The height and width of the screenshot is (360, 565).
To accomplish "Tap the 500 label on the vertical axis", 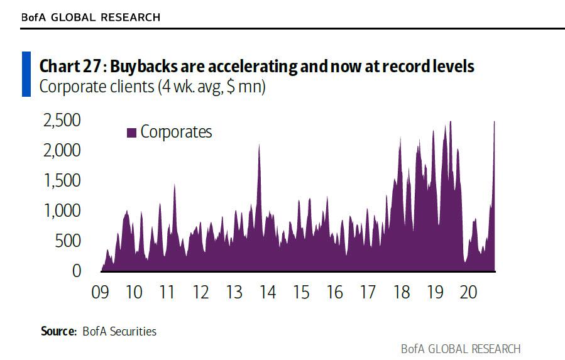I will [67, 241].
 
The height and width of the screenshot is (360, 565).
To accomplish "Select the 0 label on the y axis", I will [77, 271].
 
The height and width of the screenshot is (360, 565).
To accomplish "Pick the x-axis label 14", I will [268, 293].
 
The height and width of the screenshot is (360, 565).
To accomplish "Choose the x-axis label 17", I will [368, 293].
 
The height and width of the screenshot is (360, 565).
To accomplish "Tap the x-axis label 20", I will [468, 293].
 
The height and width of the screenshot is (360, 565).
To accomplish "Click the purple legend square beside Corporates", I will [132, 133].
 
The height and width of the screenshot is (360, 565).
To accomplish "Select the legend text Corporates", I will [176, 132].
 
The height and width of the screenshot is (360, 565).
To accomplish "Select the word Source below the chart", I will [58, 331].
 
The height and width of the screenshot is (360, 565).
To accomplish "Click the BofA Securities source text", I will [119, 331].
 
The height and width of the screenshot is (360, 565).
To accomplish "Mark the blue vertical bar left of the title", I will [26, 75].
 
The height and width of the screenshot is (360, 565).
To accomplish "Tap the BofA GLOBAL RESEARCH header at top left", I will [91, 18].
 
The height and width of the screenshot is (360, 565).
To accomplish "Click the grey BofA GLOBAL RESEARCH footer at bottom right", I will [461, 349].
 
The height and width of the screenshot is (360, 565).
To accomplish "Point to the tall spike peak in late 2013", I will [259, 145].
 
